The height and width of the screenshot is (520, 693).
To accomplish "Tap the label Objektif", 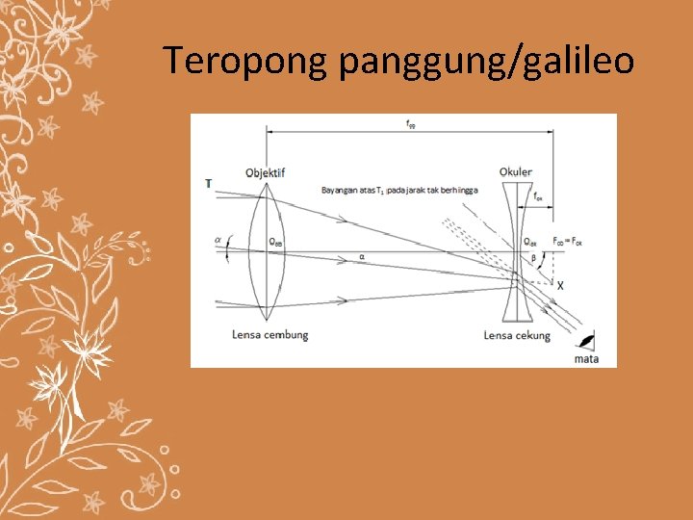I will (x=265, y=172).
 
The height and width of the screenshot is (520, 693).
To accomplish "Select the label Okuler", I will (x=516, y=172).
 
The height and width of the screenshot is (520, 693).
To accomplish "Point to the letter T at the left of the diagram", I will (x=209, y=183).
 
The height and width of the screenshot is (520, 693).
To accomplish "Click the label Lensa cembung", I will (x=269, y=335).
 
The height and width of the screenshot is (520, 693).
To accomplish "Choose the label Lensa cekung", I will (x=518, y=335).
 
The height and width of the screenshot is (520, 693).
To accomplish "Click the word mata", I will (x=586, y=359).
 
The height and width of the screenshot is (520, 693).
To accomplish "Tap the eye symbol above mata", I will (x=585, y=340).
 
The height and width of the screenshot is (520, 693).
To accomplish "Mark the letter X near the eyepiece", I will (x=560, y=286).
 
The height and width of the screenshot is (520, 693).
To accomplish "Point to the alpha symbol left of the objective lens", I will (x=218, y=241).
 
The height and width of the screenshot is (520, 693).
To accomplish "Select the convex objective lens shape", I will (x=264, y=252).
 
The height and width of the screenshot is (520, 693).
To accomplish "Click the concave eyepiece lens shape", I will (x=516, y=252).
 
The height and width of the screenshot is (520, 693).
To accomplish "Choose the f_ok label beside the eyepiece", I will (x=538, y=200).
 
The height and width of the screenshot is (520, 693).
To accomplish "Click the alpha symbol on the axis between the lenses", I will (x=361, y=257).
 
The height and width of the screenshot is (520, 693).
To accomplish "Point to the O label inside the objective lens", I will (x=274, y=242).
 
